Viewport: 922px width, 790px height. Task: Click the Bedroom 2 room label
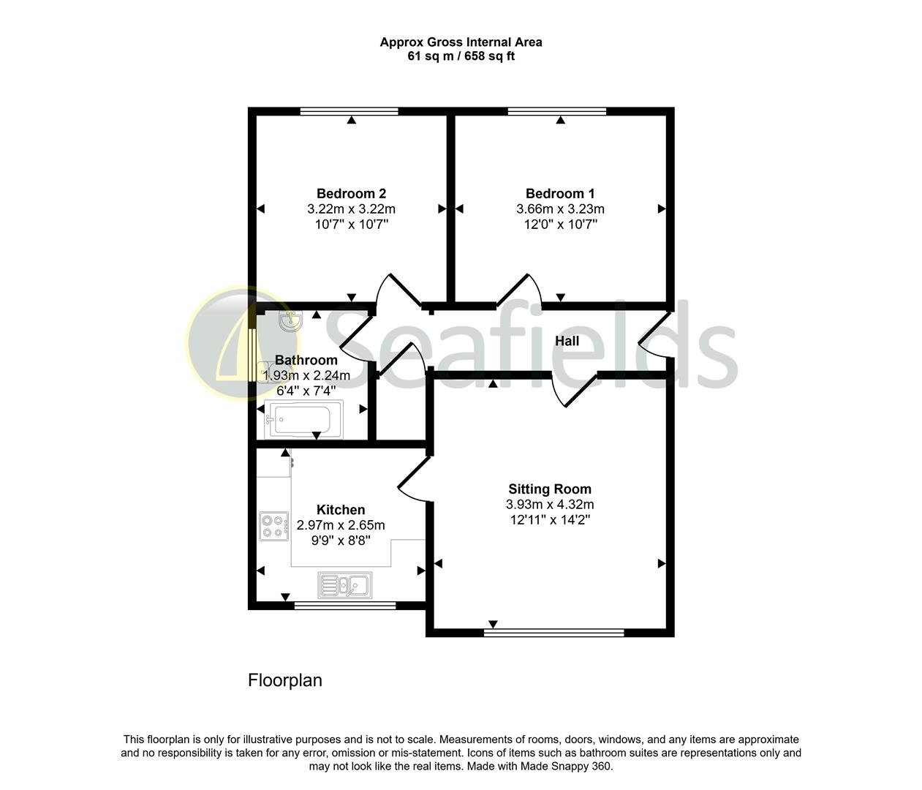click(351, 194)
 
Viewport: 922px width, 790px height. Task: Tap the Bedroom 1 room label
click(560, 194)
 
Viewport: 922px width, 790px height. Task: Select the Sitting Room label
click(550, 489)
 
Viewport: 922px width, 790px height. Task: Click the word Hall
click(567, 341)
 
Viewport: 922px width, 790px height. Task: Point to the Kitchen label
click(341, 510)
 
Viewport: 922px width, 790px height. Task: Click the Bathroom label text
click(306, 360)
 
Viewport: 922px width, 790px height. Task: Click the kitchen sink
click(345, 585)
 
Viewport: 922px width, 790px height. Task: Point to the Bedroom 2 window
click(349, 111)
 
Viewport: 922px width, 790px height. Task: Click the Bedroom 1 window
click(557, 111)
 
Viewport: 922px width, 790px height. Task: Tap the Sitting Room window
click(553, 632)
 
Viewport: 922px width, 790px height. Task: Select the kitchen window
click(344, 606)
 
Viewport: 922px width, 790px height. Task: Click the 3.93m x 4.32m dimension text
click(550, 505)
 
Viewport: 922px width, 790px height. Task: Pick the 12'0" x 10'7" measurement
click(560, 225)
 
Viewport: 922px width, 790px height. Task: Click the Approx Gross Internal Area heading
click(461, 42)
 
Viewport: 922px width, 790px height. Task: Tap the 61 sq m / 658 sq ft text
click(461, 56)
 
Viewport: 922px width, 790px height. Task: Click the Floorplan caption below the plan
click(285, 680)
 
